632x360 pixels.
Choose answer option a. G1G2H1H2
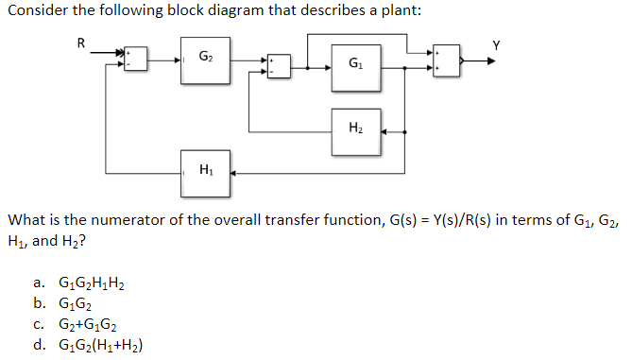click(91, 283)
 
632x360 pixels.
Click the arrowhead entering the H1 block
click(234, 173)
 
